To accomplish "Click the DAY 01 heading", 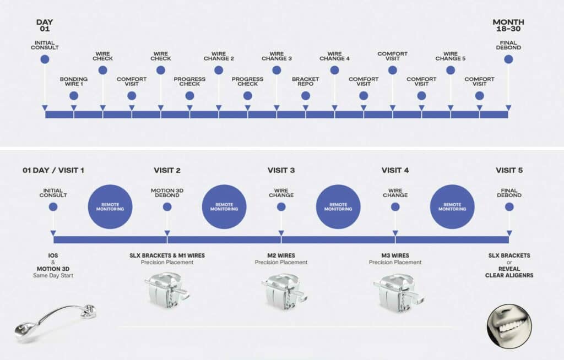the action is (45, 25).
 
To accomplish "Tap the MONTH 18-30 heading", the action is (508, 25).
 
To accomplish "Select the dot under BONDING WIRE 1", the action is (74, 96).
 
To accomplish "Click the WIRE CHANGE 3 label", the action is (276, 56).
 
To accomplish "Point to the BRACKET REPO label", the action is (305, 81).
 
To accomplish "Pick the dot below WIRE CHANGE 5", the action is (451, 70).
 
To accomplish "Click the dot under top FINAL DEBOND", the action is (508, 59).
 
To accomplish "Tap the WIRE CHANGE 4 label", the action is (334, 56).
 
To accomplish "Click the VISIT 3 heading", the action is (281, 170).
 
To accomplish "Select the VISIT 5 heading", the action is (509, 170).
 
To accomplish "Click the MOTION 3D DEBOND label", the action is (167, 193).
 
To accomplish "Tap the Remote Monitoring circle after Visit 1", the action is (110, 207).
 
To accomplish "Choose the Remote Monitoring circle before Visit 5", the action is (452, 207).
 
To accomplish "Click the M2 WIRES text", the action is (281, 255).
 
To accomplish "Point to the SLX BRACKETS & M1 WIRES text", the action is (167, 255).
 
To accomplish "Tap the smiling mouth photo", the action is (509, 326).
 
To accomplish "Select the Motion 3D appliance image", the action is (56, 323).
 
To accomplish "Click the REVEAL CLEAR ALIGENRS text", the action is (509, 272).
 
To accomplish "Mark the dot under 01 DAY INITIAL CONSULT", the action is (53, 207).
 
